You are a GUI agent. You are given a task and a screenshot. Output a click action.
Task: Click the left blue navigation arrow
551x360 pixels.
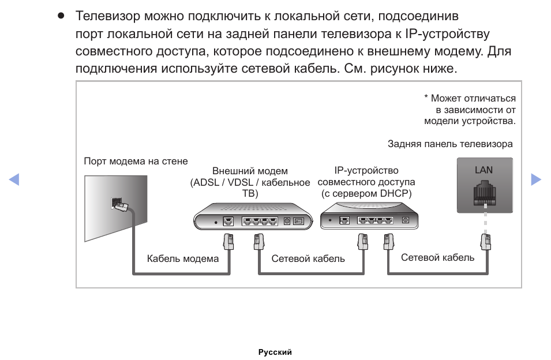pyautogui.click(x=14, y=179)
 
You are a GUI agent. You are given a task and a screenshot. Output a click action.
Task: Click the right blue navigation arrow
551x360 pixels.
pyautogui.click(x=536, y=179)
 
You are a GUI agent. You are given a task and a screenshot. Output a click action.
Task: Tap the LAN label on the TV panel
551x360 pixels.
pyautogui.click(x=483, y=170)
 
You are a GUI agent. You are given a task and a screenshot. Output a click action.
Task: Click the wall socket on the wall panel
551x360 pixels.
pyautogui.click(x=118, y=204)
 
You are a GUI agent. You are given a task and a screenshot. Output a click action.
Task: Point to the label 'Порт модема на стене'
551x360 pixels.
pyautogui.click(x=136, y=161)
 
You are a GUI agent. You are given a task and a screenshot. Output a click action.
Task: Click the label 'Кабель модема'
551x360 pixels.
pyautogui.click(x=183, y=258)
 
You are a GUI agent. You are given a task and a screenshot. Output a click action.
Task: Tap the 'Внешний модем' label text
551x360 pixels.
pyautogui.click(x=250, y=171)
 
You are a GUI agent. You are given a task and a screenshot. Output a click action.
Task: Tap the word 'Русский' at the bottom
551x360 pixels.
pyautogui.click(x=275, y=352)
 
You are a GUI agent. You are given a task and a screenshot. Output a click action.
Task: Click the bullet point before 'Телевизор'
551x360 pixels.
pyautogui.click(x=61, y=15)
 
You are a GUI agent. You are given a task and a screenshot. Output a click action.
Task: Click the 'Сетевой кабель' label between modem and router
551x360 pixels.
pyautogui.click(x=308, y=258)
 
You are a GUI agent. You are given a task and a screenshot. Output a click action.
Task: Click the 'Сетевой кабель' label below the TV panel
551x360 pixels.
pyautogui.click(x=438, y=257)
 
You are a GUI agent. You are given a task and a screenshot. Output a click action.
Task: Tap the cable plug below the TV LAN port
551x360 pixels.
pyautogui.click(x=486, y=241)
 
